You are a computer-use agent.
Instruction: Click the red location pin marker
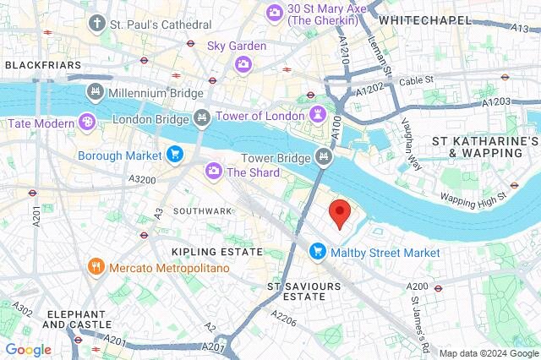[340, 214]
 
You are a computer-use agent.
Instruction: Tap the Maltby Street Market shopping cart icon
[318, 252]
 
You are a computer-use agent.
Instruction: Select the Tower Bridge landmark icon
[323, 156]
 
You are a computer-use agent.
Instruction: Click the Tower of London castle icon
[318, 115]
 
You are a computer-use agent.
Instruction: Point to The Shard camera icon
[214, 172]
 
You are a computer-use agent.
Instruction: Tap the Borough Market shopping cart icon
[175, 155]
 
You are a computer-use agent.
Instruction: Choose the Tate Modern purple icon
[85, 123]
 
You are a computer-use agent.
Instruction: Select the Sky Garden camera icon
[243, 63]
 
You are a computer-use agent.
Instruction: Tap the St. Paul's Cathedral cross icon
[98, 23]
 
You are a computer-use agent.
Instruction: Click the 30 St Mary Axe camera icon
[274, 12]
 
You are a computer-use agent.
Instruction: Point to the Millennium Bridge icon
[95, 91]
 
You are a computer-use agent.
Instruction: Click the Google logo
[28, 350]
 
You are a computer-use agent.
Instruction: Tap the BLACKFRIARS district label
[42, 65]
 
